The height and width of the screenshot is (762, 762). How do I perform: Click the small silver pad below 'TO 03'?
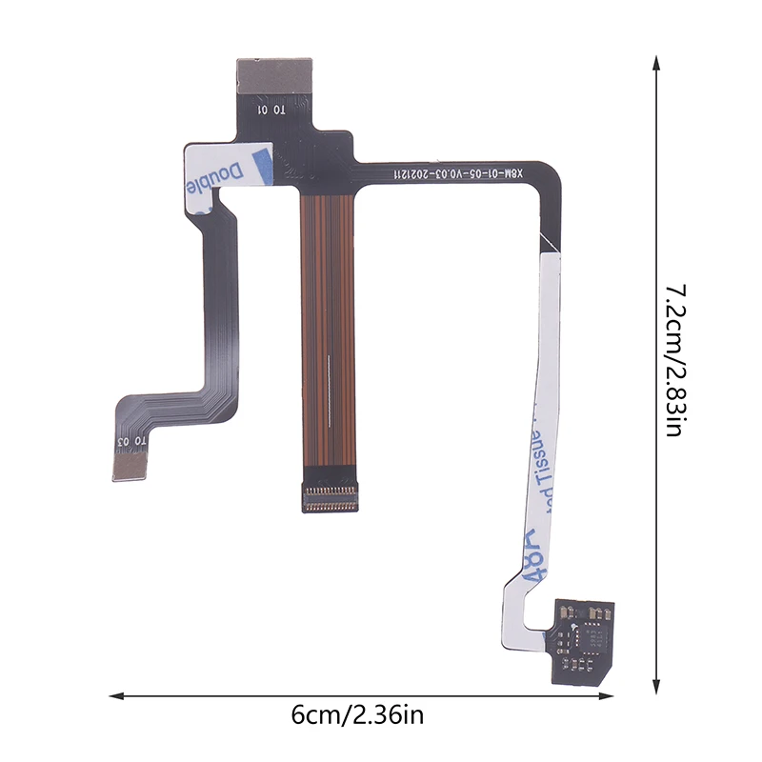click(130, 465)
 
